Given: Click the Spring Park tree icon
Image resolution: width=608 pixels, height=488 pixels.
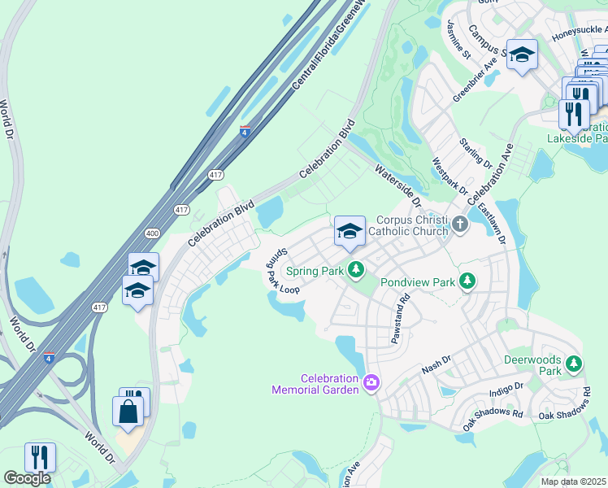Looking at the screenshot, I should click(x=355, y=269).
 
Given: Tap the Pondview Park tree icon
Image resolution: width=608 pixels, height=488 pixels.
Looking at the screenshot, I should click(x=467, y=281).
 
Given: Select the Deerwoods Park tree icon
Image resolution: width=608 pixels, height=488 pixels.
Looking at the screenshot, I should click(x=575, y=363).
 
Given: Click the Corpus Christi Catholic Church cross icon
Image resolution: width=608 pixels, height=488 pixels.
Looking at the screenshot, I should click(x=460, y=224).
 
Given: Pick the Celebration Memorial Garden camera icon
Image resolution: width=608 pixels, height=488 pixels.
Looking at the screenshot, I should click(x=371, y=381).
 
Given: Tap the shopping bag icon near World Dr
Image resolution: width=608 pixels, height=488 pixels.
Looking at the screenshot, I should click(x=128, y=411).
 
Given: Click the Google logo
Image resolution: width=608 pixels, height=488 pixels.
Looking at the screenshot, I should click(x=27, y=478).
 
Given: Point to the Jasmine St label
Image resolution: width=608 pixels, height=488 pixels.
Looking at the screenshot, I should click(x=458, y=41).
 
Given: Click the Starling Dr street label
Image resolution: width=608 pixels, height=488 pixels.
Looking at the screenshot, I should click(x=476, y=154).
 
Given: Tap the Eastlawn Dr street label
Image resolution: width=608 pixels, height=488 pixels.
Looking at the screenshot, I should click(x=492, y=224).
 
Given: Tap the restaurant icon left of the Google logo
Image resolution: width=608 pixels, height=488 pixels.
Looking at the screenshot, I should click(x=39, y=457).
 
